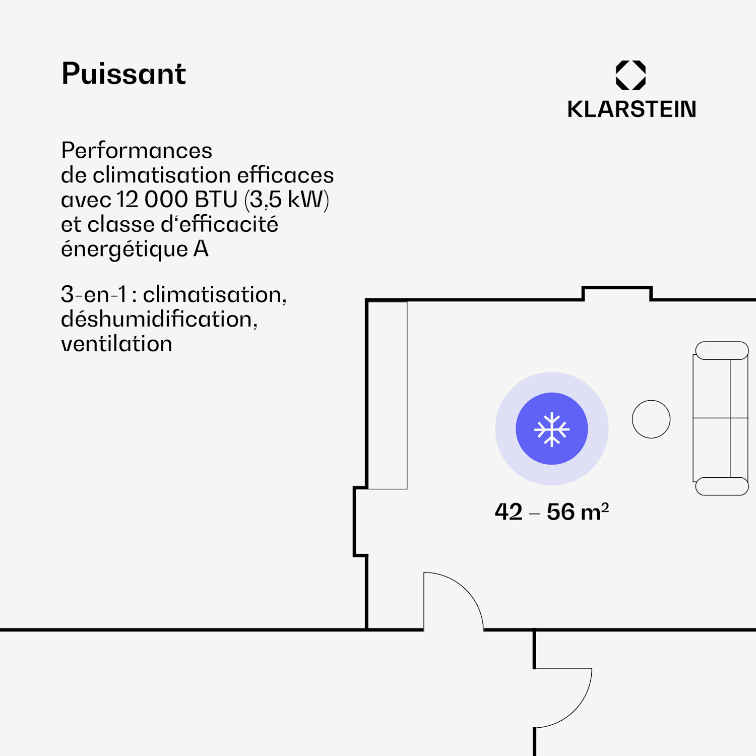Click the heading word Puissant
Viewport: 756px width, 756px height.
123,74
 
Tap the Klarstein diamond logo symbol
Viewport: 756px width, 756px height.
631,75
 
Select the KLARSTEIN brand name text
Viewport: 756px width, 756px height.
632,109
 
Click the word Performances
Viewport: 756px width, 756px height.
137,150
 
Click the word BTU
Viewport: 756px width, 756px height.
216,200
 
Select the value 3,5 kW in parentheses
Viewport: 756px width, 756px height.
287,200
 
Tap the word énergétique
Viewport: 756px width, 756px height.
124,249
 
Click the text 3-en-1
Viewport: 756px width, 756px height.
94,294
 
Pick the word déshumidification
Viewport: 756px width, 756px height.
159,319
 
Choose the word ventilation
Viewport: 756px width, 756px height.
116,344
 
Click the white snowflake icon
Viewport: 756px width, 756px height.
552,429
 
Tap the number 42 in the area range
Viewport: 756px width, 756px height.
509,512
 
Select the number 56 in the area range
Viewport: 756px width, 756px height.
560,512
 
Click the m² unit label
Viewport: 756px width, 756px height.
595,512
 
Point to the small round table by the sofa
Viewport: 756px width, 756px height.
651,419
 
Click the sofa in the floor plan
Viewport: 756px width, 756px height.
721,418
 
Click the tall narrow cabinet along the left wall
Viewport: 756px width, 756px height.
387,396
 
